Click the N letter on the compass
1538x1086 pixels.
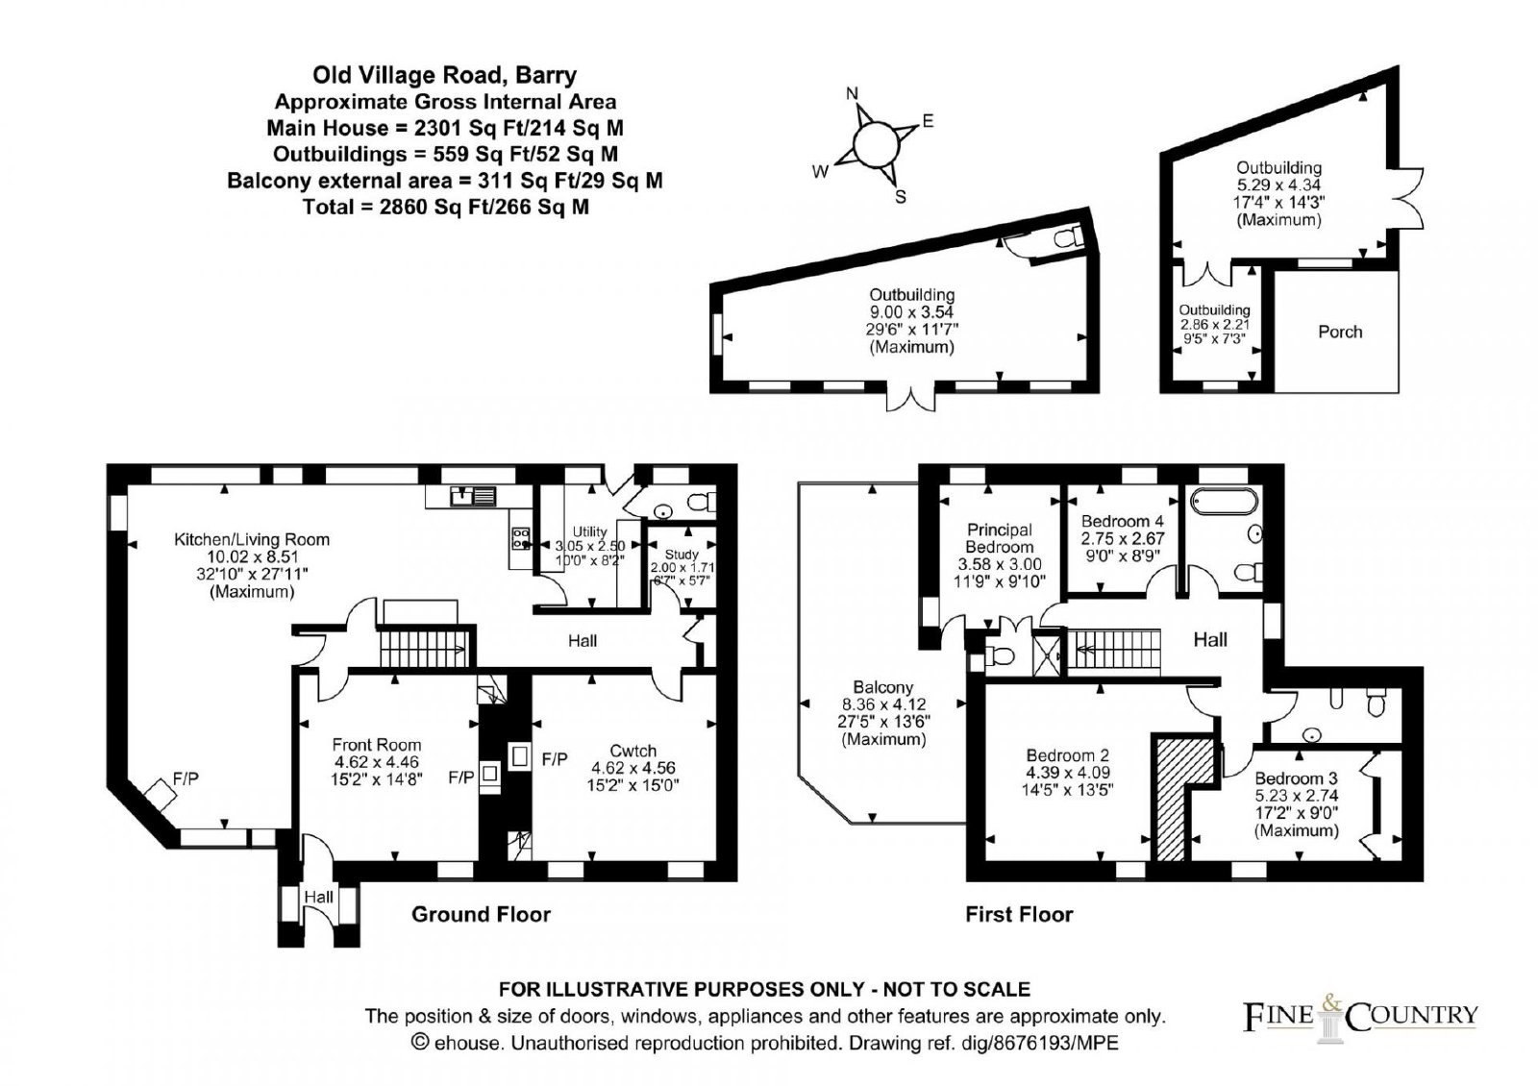(852, 93)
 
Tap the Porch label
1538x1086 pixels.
(1340, 332)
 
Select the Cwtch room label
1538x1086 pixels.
(633, 751)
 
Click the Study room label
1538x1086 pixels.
(682, 554)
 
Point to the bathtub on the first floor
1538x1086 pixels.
(1225, 501)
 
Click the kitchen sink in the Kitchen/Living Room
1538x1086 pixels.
(473, 496)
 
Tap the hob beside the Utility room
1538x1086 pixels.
(520, 538)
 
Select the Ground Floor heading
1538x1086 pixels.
(481, 914)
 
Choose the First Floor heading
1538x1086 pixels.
(1019, 914)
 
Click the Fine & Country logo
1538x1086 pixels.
(1360, 1017)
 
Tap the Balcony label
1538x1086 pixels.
(883, 686)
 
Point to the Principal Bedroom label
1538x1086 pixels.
(999, 538)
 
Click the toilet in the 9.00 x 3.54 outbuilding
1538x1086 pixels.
(1066, 238)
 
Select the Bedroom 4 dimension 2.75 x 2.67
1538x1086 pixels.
(1123, 538)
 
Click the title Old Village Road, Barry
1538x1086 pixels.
(445, 74)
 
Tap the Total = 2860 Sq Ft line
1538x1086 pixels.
(446, 207)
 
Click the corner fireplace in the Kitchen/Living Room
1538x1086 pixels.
(160, 796)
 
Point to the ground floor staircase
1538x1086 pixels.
(424, 648)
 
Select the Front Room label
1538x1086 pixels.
(376, 745)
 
